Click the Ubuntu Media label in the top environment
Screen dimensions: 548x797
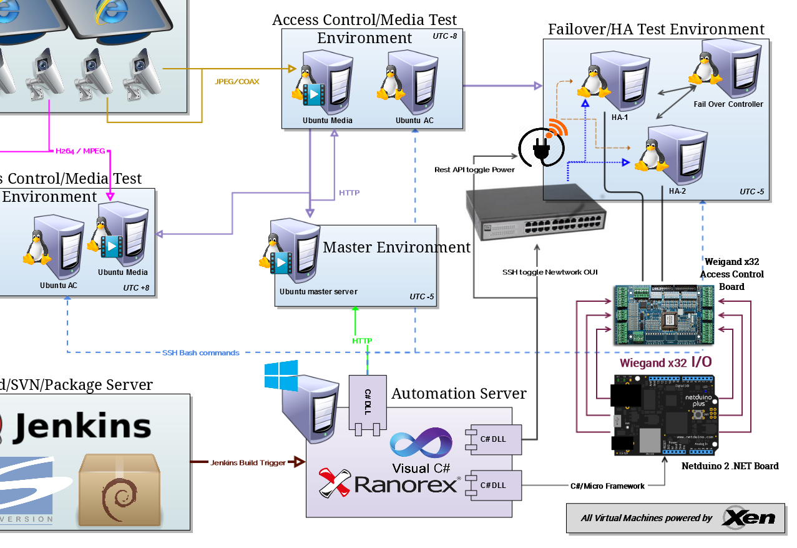[328, 121]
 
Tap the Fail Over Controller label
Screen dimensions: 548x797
[728, 104]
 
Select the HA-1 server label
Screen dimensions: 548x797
[620, 117]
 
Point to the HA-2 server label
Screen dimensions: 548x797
[677, 191]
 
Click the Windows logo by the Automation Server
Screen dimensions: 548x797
[281, 376]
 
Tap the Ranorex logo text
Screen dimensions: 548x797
[406, 484]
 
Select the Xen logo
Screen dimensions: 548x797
[748, 517]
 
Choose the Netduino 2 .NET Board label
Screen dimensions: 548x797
[730, 466]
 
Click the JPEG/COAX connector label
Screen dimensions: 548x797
[237, 82]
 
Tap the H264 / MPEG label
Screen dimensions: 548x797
[81, 151]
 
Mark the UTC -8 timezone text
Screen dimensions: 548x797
[444, 36]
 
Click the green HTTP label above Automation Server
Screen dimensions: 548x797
[362, 341]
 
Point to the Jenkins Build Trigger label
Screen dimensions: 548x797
[248, 463]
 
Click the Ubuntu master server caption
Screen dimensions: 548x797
[318, 292]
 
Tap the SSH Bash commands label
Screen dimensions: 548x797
[200, 353]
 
